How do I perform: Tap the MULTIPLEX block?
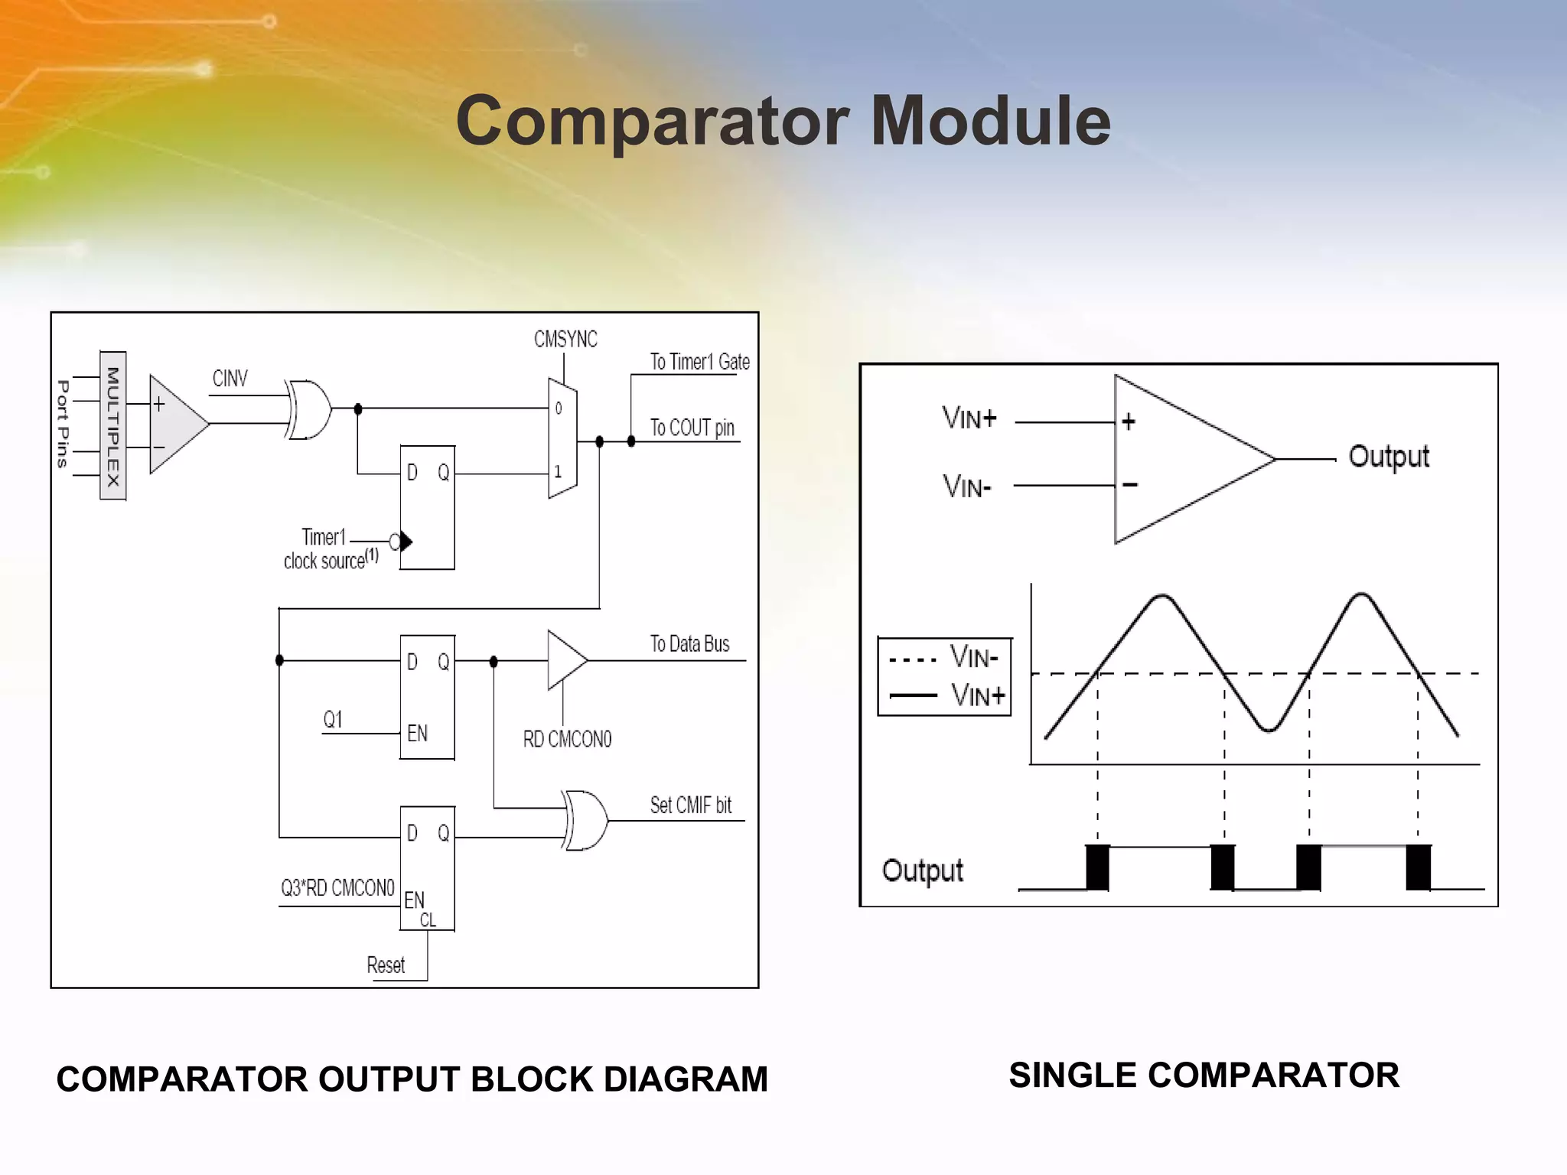click(x=113, y=425)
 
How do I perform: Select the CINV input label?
click(x=230, y=379)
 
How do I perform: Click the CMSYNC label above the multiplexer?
click(x=565, y=339)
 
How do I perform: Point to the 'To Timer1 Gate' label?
click(x=699, y=362)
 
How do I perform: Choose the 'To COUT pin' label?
click(x=692, y=428)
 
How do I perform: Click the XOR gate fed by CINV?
click(x=308, y=409)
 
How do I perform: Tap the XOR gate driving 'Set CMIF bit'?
click(x=585, y=821)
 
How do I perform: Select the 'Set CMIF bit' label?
click(x=690, y=805)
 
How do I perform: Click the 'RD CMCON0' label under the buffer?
click(x=567, y=739)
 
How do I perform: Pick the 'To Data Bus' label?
click(x=689, y=644)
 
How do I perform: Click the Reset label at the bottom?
click(x=386, y=965)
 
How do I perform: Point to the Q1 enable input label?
click(x=333, y=719)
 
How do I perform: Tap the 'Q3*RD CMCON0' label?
click(x=337, y=888)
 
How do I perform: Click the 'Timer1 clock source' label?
click(x=330, y=549)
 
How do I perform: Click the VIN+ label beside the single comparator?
click(x=969, y=418)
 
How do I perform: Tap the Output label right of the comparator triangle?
click(x=1388, y=457)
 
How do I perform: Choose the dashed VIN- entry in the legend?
click(x=945, y=657)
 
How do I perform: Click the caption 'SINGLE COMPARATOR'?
click(x=1204, y=1075)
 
